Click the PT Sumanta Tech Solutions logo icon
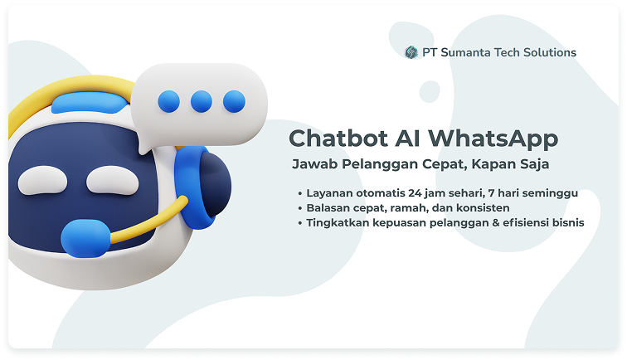[411, 52]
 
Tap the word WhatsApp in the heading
[493, 139]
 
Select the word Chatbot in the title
[338, 139]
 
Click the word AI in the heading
[407, 139]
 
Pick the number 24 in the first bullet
[415, 193]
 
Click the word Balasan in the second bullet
[324, 208]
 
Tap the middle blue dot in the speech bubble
[202, 101]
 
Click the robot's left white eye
[43, 181]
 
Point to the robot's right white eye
[112, 181]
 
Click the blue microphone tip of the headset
[85, 238]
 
